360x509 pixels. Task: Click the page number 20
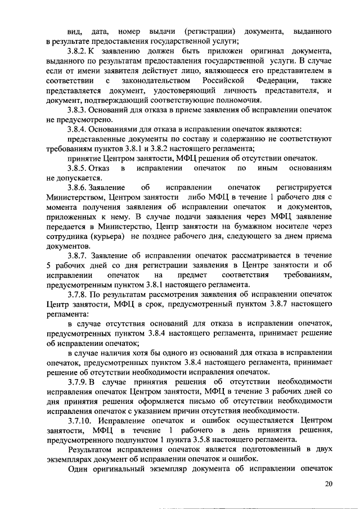[329, 485]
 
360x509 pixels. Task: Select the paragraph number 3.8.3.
[79, 110]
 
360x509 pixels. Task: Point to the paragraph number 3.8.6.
[79, 187]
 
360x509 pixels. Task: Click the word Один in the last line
[77, 468]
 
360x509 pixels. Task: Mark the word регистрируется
[305, 187]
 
